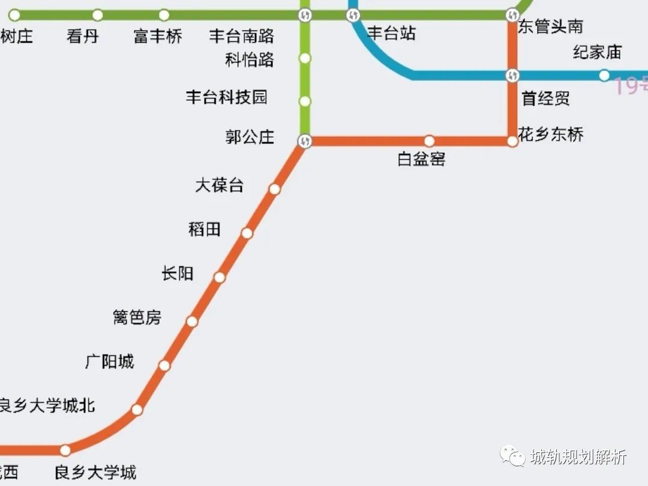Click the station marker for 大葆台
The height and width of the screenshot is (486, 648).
[275, 189]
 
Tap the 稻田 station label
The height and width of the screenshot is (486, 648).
[205, 229]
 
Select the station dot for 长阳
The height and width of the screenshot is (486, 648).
[220, 277]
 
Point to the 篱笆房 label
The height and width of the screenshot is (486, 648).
[137, 317]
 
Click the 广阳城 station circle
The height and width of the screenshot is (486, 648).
[164, 365]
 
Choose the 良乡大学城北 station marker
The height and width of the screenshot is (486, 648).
[137, 410]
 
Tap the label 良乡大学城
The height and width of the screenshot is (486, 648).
[95, 473]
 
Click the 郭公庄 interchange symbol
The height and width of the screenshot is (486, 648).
[305, 141]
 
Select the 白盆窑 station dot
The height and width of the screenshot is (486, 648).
[430, 141]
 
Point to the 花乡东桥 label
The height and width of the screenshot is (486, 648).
[551, 134]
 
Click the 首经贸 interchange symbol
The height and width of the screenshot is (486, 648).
[512, 76]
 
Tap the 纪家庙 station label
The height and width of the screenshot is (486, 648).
[597, 52]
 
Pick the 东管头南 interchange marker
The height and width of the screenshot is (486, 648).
[512, 14]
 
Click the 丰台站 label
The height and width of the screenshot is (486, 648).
[391, 34]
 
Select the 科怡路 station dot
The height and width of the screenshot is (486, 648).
[305, 58]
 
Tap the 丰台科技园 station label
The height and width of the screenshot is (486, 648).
[227, 97]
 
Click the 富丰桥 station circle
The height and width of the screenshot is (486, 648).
[164, 15]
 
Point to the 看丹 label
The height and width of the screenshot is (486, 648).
[83, 37]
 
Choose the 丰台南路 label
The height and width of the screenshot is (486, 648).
[242, 37]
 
